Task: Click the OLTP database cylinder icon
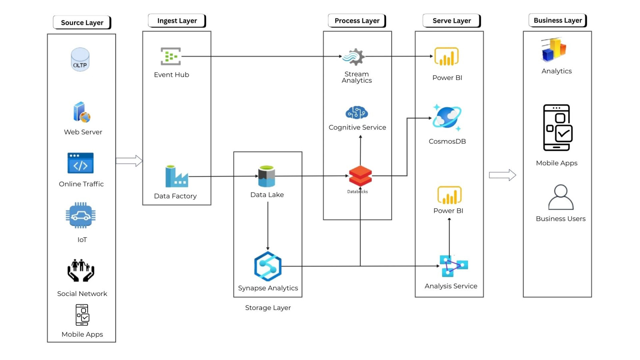(80, 60)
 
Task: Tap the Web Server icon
(82, 112)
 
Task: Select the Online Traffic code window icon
(80, 163)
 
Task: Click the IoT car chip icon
(81, 215)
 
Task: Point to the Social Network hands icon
(81, 270)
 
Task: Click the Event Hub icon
(171, 56)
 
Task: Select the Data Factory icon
(176, 176)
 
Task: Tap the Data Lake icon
(266, 176)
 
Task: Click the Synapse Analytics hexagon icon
(268, 266)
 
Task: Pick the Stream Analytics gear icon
(354, 57)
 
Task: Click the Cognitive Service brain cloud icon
(356, 113)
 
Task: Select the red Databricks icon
(360, 176)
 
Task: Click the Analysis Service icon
(453, 266)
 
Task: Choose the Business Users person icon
(560, 197)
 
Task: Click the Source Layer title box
(82, 22)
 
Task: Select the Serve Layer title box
(452, 20)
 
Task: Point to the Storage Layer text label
(268, 308)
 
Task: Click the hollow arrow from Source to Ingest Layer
(129, 161)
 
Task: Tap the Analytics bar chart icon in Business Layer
(554, 50)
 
